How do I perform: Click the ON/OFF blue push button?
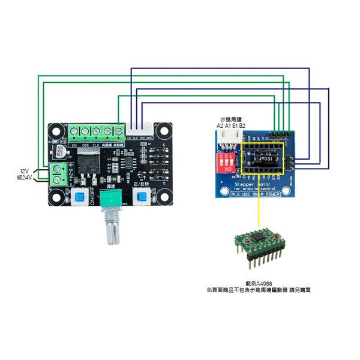point(80,198)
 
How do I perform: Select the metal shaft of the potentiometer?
point(112,232)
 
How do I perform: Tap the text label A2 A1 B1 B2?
point(230,126)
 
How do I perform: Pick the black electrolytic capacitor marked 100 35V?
point(61,150)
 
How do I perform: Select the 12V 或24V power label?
point(23,174)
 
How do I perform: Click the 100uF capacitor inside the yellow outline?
point(265,161)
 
